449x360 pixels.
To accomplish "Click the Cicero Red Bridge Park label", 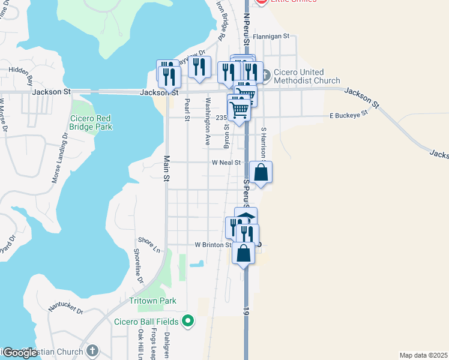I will pyautogui.click(x=91, y=122).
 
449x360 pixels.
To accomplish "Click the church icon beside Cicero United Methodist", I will pyautogui.click(x=266, y=72).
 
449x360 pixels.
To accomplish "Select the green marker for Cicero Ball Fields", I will pyautogui.click(x=188, y=320).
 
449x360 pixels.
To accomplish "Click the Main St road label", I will pyautogui.click(x=167, y=167).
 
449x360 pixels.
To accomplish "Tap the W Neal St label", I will pyautogui.click(x=226, y=163).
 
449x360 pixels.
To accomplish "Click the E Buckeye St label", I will pyautogui.click(x=348, y=114).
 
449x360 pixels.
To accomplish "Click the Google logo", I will pyautogui.click(x=19, y=353).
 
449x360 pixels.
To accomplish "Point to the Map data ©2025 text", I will pyautogui.click(x=423, y=355).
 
